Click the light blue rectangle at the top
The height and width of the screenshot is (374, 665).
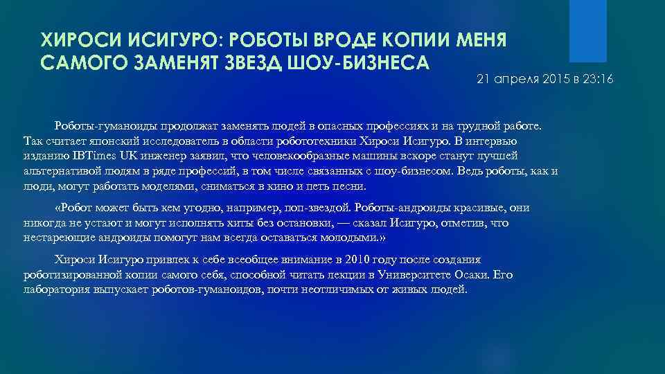point(568,30)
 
